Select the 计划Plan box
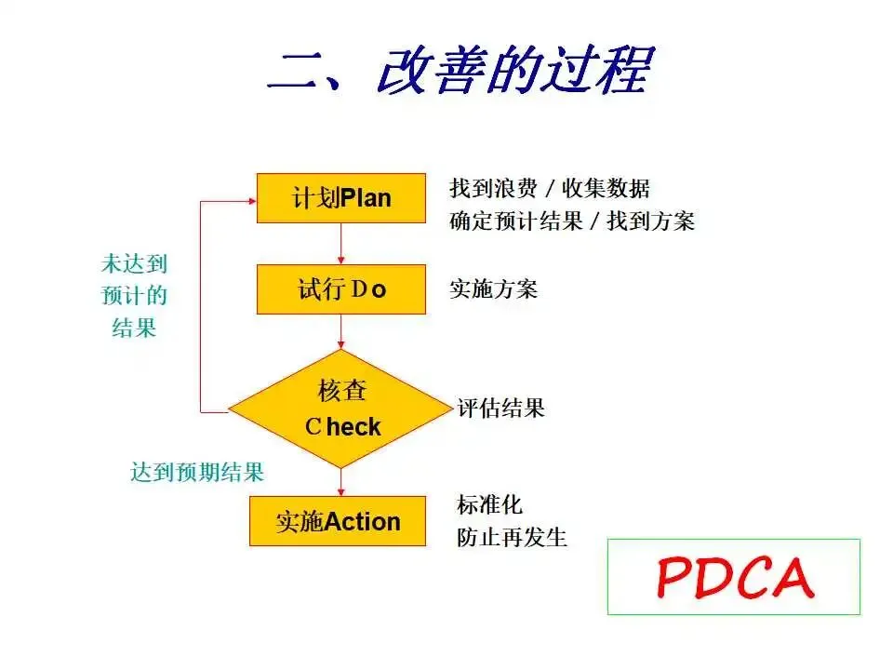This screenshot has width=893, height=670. (340, 197)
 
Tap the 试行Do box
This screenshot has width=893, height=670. (340, 289)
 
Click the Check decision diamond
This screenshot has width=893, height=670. (340, 409)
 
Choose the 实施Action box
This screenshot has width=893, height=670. (338, 521)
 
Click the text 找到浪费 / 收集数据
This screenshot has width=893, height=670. (550, 188)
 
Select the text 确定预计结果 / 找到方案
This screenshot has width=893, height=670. (572, 221)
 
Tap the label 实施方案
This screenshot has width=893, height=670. (494, 289)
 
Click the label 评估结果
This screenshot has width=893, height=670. (501, 408)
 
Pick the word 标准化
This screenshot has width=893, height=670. (490, 505)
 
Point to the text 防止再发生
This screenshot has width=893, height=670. (513, 537)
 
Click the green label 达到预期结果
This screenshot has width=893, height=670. (197, 472)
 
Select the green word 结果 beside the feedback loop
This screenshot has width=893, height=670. (134, 328)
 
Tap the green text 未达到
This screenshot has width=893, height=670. (134, 264)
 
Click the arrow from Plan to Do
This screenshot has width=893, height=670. (341, 244)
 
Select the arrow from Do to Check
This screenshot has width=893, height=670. (341, 332)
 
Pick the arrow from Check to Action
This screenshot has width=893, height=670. (341, 481)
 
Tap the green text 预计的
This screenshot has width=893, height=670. (134, 296)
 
